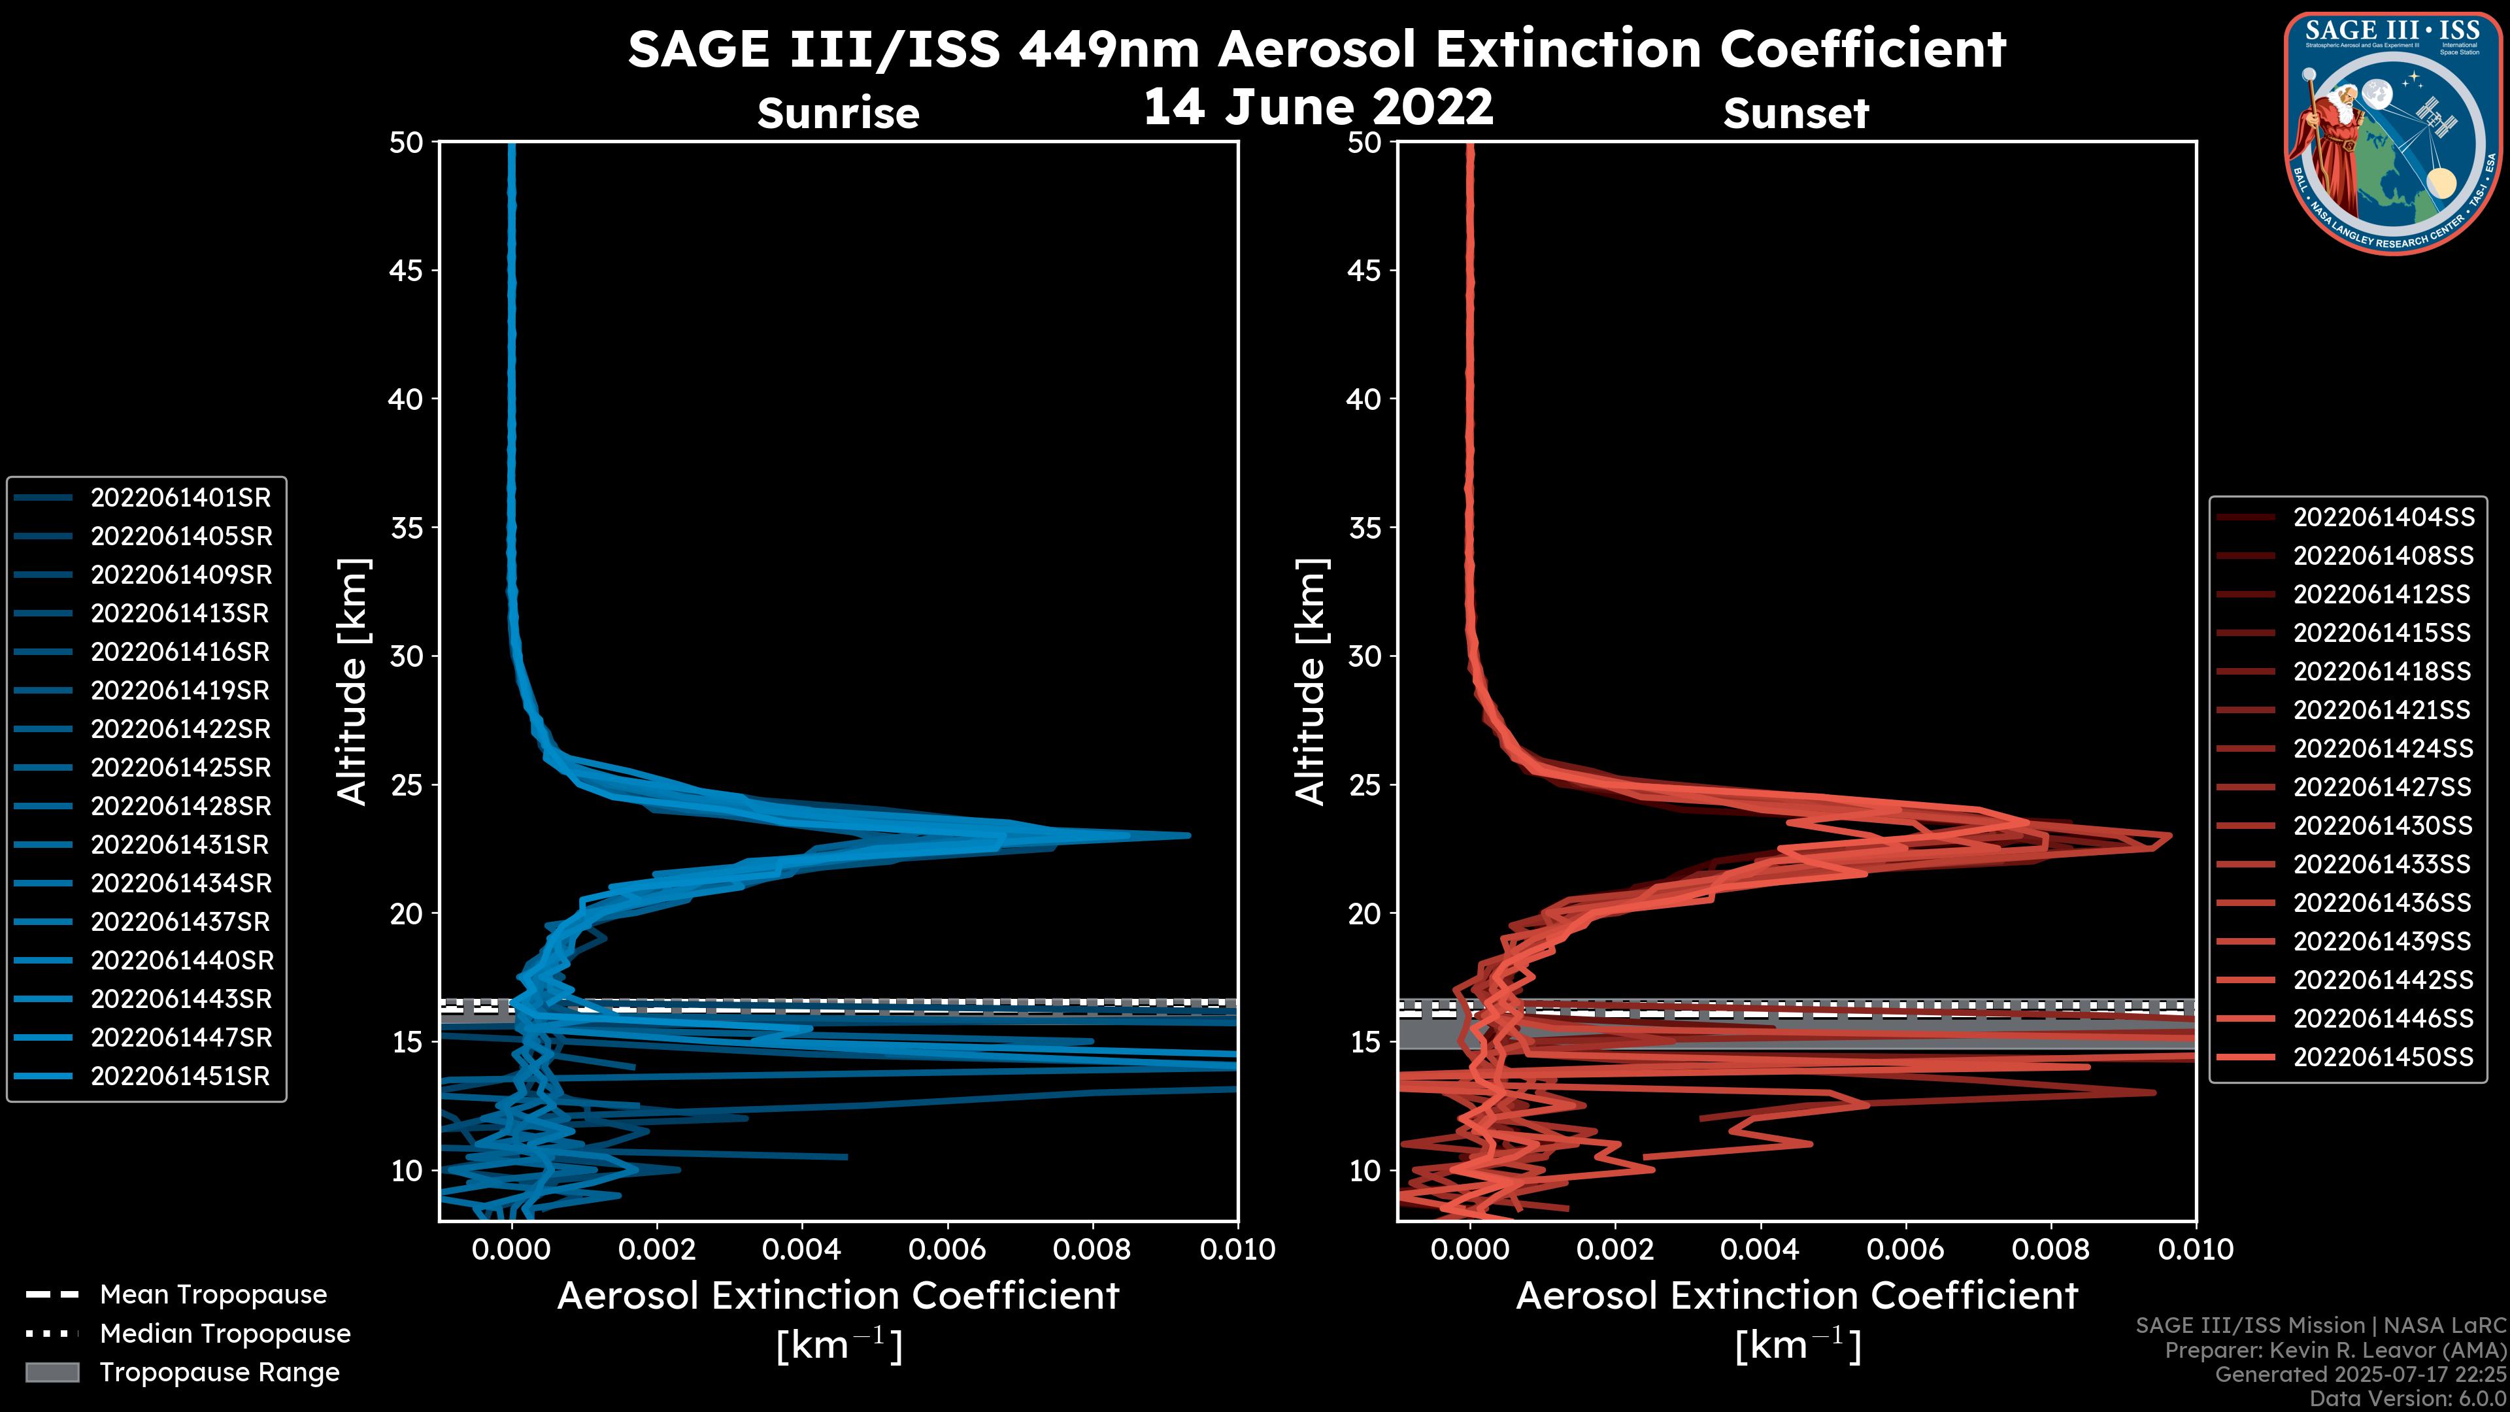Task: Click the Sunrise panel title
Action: (838, 114)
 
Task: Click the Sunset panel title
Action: (1796, 114)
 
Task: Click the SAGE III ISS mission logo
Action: (2392, 133)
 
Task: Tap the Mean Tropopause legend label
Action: (213, 1295)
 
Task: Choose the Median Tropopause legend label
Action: (225, 1334)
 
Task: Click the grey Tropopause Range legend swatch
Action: (52, 1373)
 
